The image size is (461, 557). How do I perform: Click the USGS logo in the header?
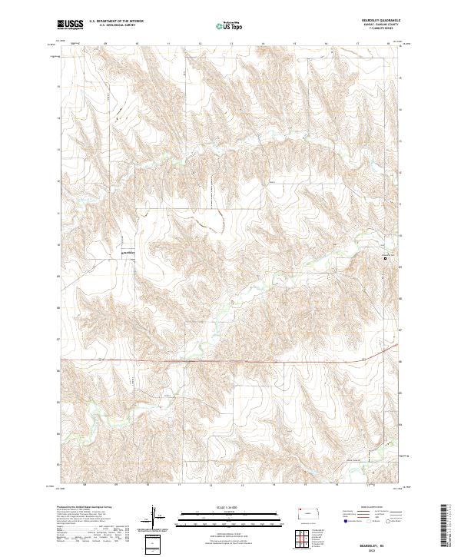(71, 25)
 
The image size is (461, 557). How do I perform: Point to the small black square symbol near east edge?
(386, 259)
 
